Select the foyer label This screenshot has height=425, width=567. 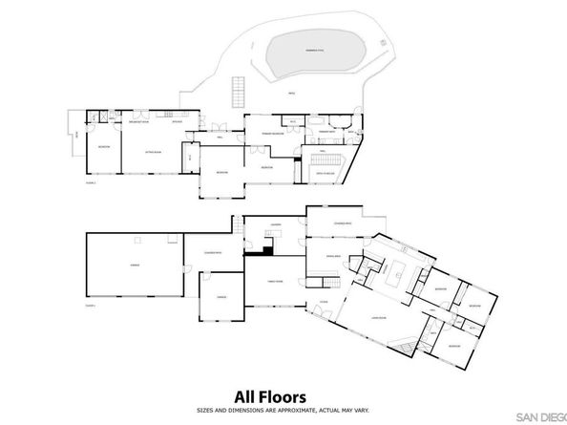point(324,302)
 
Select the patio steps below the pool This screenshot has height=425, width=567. point(236,92)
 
